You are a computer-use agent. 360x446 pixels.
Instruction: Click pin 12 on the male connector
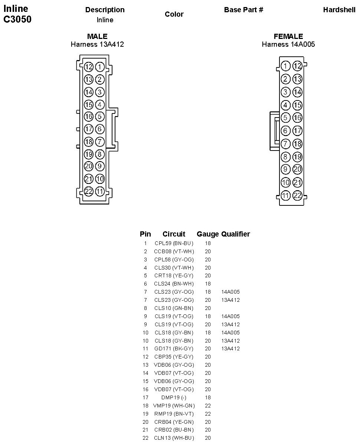pyautogui.click(x=88, y=67)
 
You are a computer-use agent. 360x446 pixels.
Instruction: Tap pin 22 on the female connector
pyautogui.click(x=297, y=195)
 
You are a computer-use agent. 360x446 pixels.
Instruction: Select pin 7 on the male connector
pyautogui.click(x=100, y=142)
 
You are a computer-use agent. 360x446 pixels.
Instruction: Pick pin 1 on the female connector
pyautogui.click(x=285, y=66)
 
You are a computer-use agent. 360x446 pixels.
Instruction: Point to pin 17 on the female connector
pyautogui.click(x=297, y=131)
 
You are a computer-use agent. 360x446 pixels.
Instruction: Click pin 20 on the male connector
pyautogui.click(x=88, y=166)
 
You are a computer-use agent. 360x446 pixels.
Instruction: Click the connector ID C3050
pyautogui.click(x=17, y=20)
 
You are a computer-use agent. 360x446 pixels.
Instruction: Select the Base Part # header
pyautogui.click(x=243, y=10)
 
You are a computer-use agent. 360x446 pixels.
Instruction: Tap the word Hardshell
pyautogui.click(x=339, y=10)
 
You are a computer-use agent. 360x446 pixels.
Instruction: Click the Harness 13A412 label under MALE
pyautogui.click(x=97, y=44)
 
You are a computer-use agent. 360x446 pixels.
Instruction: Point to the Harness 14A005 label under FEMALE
pyautogui.click(x=288, y=44)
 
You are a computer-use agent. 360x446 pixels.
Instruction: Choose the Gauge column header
pyautogui.click(x=207, y=234)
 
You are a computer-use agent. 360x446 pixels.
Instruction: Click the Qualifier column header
pyautogui.click(x=236, y=234)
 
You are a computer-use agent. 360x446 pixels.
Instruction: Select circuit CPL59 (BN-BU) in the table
pyautogui.click(x=174, y=244)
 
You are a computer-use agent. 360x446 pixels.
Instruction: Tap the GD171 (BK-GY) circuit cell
pyautogui.click(x=174, y=348)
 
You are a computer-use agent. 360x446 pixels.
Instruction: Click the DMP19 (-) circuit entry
pyautogui.click(x=174, y=397)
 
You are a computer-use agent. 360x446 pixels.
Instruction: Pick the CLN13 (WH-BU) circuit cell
pyautogui.click(x=174, y=438)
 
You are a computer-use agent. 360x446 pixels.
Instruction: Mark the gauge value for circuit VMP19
pyautogui.click(x=208, y=406)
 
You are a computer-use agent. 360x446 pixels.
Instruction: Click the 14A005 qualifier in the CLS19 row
pyautogui.click(x=230, y=316)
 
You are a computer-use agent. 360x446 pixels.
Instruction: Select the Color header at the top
pyautogui.click(x=174, y=14)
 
